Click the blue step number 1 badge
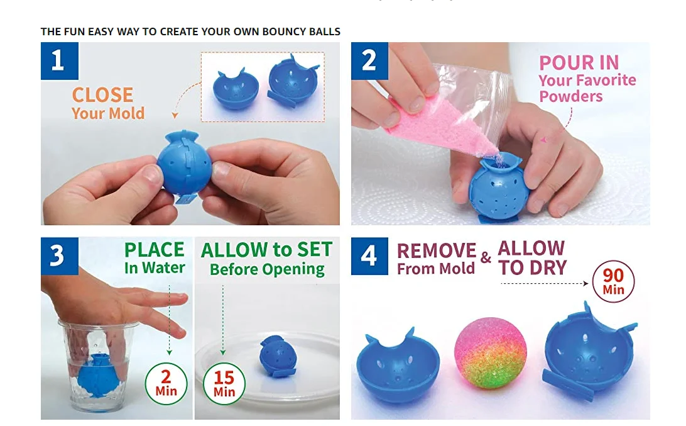(59, 61)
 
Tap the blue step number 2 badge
(369, 61)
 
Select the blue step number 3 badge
(59, 256)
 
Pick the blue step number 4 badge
(369, 256)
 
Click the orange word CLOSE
(102, 95)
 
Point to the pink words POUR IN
(579, 63)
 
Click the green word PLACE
(154, 250)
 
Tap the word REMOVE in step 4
(437, 250)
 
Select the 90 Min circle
(613, 282)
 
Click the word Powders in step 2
(571, 96)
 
